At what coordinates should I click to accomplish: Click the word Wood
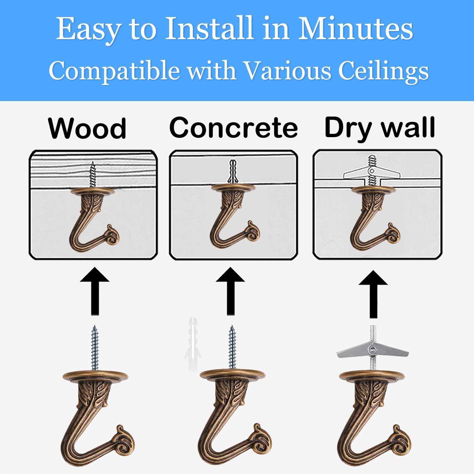click(x=87, y=128)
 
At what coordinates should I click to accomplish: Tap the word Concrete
click(x=234, y=127)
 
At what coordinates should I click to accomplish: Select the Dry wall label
click(x=380, y=128)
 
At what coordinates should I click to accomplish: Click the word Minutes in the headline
click(x=355, y=29)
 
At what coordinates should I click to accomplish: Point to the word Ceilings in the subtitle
click(x=383, y=70)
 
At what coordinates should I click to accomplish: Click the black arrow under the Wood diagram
click(x=94, y=291)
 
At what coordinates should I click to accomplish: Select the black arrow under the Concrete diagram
click(x=231, y=291)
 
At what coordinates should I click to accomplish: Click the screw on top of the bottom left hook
click(x=94, y=348)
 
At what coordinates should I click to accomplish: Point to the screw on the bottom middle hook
click(x=232, y=348)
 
